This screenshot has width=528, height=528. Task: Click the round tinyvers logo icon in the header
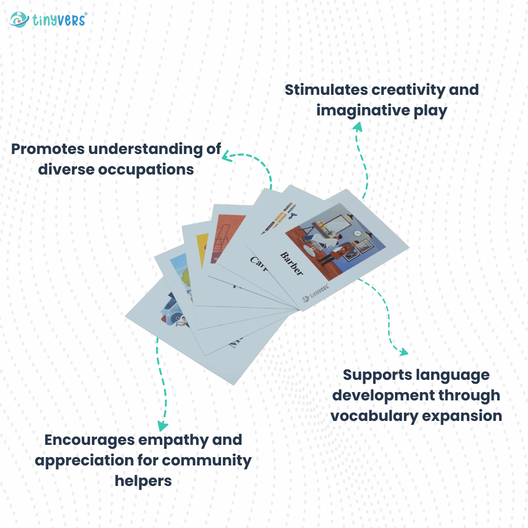pyautogui.click(x=19, y=20)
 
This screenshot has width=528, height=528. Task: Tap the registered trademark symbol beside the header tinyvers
pyautogui.click(x=86, y=14)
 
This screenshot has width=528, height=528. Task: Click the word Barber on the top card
pyautogui.click(x=291, y=264)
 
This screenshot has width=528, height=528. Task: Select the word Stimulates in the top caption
pyautogui.click(x=326, y=90)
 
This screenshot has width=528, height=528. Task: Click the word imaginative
pyautogui.click(x=360, y=110)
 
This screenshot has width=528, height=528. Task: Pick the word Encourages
pyautogui.click(x=89, y=440)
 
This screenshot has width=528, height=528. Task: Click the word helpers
pyautogui.click(x=143, y=481)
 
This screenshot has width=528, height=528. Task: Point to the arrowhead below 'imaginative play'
pyautogui.click(x=357, y=127)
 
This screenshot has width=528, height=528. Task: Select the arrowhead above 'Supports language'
pyautogui.click(x=403, y=352)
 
